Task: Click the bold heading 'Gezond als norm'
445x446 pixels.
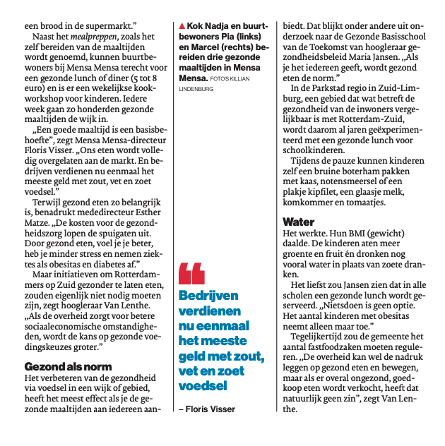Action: point(68,367)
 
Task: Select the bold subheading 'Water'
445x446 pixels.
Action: point(299,222)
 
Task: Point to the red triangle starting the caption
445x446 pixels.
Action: point(182,26)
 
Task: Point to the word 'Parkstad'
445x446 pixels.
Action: point(334,88)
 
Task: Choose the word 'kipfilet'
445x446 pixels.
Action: point(340,191)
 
